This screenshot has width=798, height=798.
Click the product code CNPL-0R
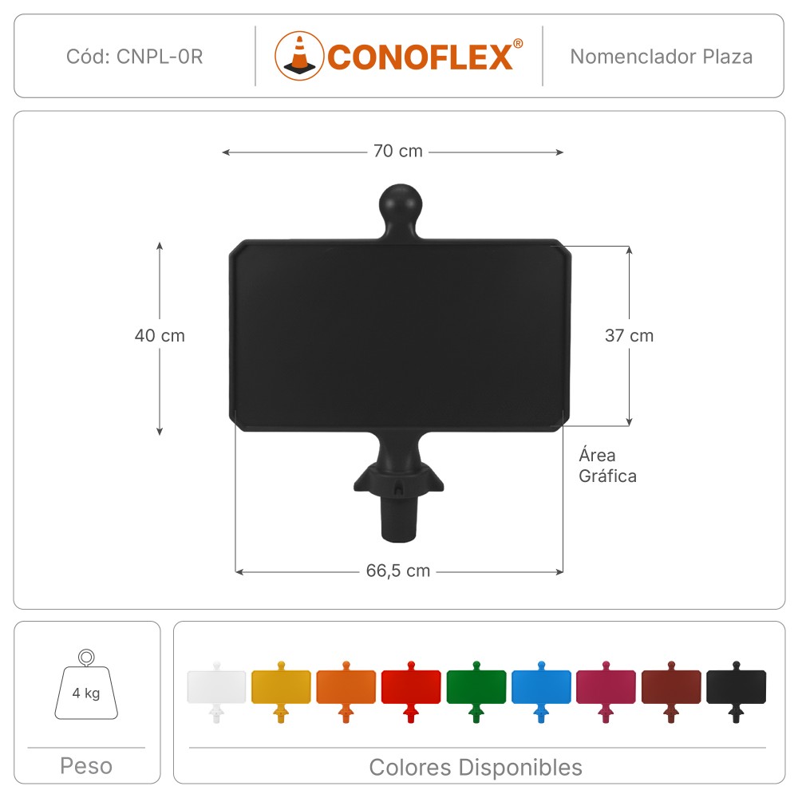coord(160,57)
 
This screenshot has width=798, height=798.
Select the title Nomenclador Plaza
coord(661,57)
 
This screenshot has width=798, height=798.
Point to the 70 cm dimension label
coord(398,151)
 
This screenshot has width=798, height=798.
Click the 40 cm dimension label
coord(160,335)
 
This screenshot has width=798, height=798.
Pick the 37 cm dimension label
coord(629,335)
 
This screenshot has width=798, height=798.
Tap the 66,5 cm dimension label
coord(398,571)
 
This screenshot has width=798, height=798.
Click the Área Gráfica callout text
coord(607,465)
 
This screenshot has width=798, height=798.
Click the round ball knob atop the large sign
coord(401,204)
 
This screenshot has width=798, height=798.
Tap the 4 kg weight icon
coord(86,685)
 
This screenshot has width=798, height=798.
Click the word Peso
coord(86,766)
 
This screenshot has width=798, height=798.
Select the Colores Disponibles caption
coord(476,768)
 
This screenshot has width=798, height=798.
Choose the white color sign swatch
coord(216,692)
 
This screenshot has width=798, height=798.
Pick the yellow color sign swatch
coord(281,692)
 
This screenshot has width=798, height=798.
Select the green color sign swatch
coord(476,692)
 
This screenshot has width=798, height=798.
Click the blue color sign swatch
coord(542,692)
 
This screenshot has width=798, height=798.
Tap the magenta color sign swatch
coord(606,692)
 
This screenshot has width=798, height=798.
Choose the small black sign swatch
coord(737,692)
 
